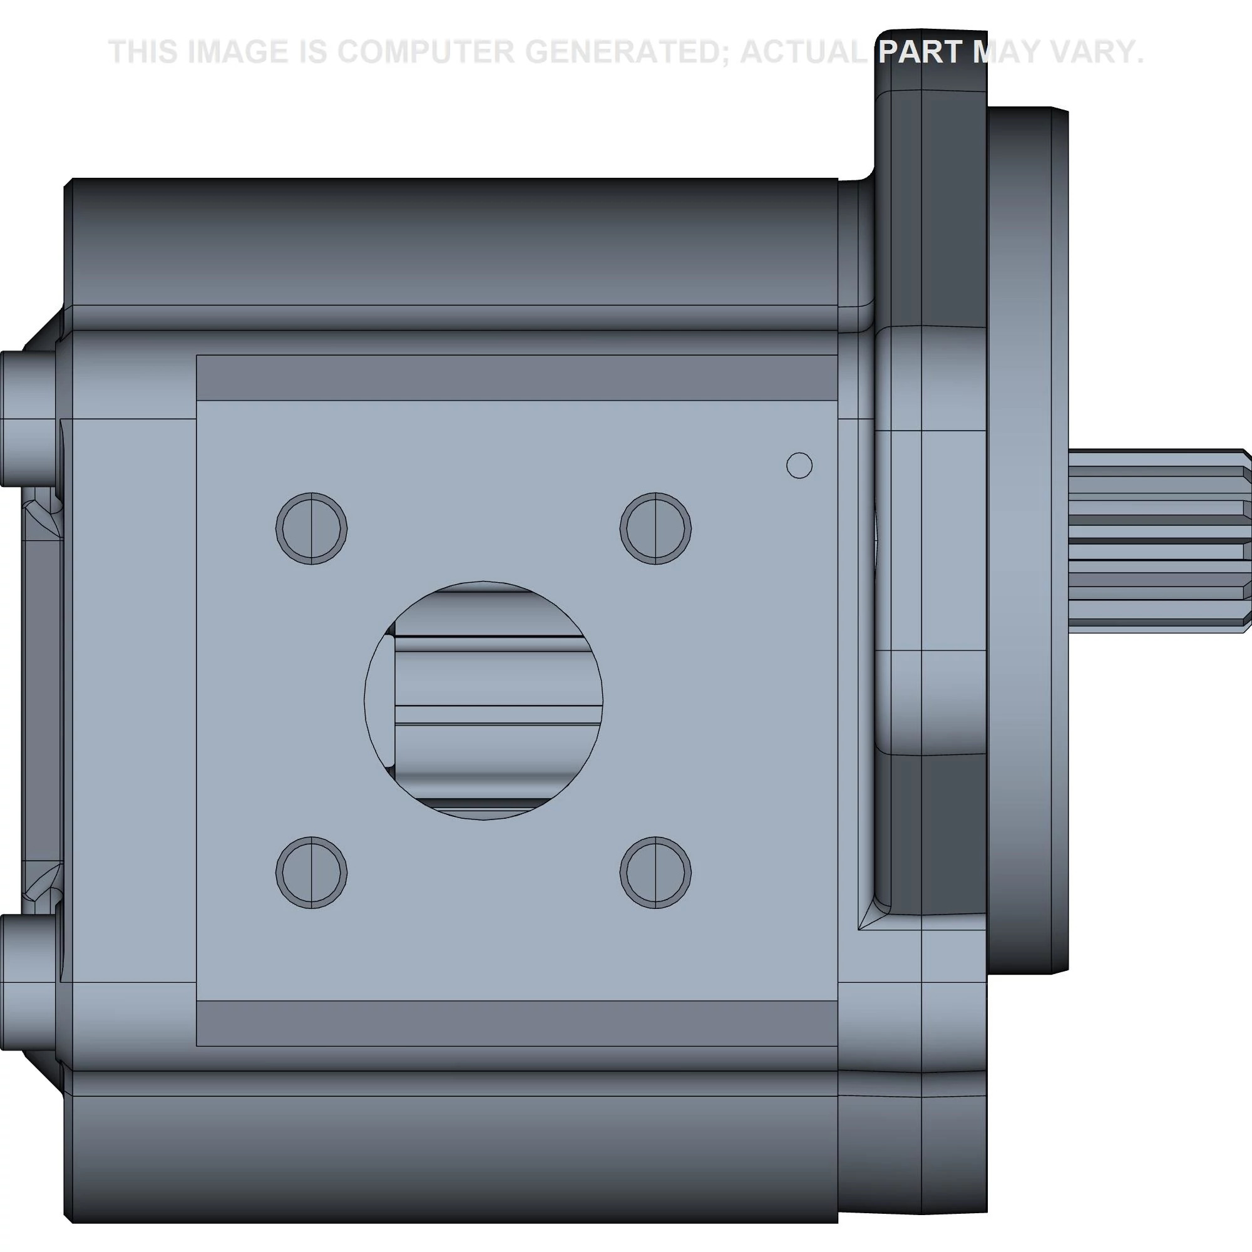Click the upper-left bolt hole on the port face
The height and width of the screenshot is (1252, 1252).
(x=311, y=528)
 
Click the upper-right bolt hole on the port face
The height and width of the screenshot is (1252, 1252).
(x=655, y=528)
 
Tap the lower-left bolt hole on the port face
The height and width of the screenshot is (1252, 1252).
(x=311, y=872)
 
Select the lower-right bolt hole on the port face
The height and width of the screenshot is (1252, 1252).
(x=655, y=872)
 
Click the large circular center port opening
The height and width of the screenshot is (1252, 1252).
(x=483, y=700)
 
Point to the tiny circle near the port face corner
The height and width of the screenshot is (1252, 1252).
(x=799, y=465)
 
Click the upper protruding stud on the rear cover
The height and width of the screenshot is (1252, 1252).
(x=27, y=419)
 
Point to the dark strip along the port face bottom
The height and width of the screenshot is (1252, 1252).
(x=516, y=1023)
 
